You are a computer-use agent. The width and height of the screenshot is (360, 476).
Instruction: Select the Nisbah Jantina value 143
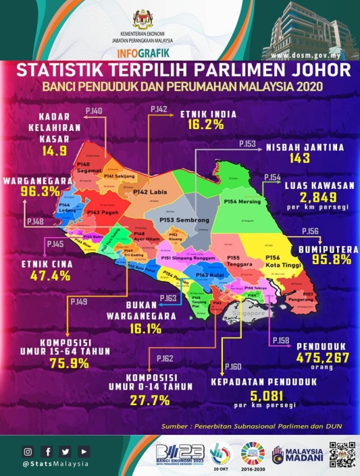297,159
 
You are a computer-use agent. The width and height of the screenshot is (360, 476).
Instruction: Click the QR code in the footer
342,454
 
